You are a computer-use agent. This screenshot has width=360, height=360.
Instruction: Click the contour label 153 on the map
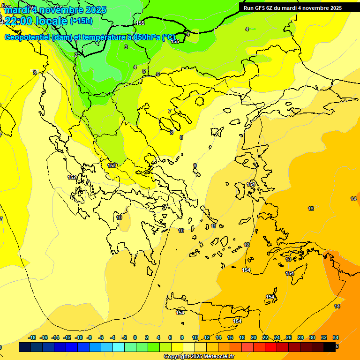click(112, 165)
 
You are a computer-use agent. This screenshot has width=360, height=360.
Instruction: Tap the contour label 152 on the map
click(72, 177)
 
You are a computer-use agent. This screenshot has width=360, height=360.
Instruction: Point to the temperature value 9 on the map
click(195, 165)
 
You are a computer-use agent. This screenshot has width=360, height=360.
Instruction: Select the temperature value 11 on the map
click(214, 226)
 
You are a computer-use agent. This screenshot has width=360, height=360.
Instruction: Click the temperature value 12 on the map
click(247, 245)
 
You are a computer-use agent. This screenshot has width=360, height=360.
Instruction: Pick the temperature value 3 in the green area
click(126, 47)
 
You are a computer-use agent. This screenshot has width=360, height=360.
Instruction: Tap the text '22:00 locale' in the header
click(36, 21)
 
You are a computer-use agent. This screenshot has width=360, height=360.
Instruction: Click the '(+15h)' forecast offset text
click(81, 21)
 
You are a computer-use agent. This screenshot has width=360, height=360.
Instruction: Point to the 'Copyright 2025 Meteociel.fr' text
click(199, 357)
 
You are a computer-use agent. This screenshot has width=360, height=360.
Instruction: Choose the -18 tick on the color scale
click(32, 337)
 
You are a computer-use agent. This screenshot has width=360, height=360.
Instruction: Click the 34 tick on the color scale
click(335, 337)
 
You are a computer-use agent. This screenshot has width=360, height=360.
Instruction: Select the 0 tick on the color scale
click(135, 337)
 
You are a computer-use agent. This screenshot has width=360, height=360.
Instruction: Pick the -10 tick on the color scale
click(79, 337)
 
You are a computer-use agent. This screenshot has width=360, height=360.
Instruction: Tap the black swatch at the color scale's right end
click(330, 347)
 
